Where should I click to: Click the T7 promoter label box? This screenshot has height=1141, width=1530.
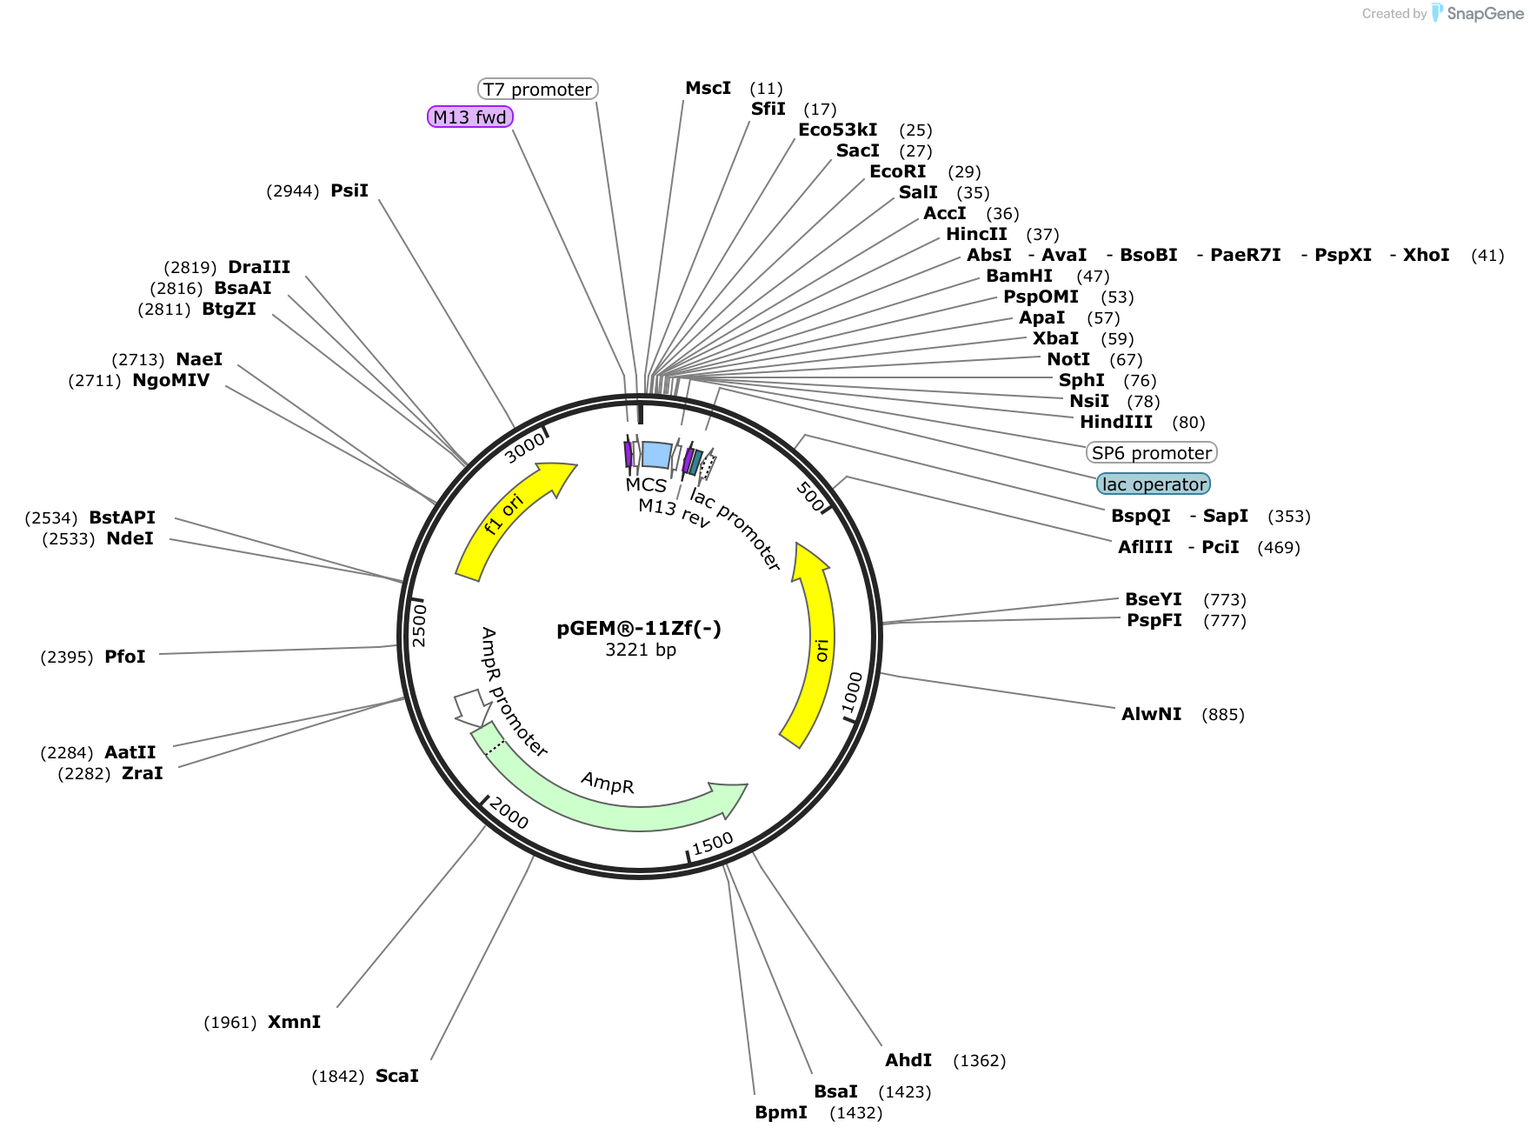click(x=538, y=89)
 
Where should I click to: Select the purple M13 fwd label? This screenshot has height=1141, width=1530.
click(x=470, y=117)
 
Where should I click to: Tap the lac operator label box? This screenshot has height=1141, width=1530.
click(x=1154, y=484)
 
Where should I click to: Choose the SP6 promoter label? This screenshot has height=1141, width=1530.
click(x=1152, y=452)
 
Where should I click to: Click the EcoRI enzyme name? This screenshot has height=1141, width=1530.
click(x=898, y=171)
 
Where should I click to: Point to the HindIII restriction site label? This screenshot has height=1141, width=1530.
click(x=1116, y=422)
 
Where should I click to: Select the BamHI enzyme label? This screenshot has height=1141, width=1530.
click(x=1020, y=276)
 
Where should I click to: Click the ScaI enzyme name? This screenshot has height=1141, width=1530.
click(x=397, y=1076)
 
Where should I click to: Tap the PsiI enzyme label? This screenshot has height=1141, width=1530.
click(x=349, y=190)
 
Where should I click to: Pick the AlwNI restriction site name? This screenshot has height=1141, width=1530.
click(x=1152, y=714)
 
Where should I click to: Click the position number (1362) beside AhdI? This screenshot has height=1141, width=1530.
click(x=980, y=1060)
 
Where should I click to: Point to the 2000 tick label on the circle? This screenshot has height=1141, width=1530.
click(x=509, y=813)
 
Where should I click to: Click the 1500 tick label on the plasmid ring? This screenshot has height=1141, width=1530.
click(x=713, y=843)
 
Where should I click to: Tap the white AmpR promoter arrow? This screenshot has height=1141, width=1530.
click(x=472, y=707)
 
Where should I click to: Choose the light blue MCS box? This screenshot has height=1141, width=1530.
click(x=657, y=455)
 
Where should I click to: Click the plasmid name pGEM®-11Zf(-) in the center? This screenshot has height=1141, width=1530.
click(x=639, y=628)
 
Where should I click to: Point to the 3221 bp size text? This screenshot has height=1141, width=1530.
click(x=641, y=650)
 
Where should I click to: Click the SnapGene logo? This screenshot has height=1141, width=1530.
click(x=1477, y=13)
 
